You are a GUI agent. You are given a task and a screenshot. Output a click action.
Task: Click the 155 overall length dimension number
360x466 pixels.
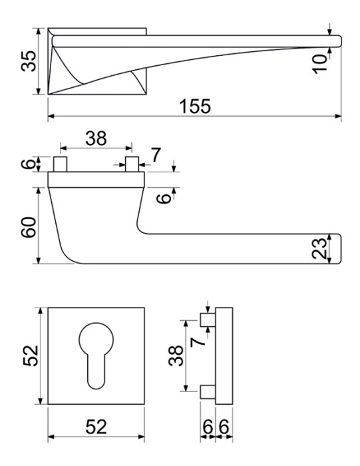click(x=195, y=107)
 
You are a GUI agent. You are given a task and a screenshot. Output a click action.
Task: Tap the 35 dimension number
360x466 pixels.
click(x=29, y=61)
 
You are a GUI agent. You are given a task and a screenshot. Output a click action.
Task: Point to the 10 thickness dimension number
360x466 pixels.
click(x=320, y=64)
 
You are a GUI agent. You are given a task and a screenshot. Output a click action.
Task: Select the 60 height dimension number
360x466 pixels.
click(x=29, y=228)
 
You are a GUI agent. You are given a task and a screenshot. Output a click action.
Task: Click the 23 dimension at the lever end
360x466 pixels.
click(x=320, y=248)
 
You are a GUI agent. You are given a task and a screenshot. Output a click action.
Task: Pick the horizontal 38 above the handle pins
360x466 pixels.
click(x=96, y=138)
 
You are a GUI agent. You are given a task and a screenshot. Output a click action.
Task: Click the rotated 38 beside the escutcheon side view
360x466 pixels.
click(x=176, y=355)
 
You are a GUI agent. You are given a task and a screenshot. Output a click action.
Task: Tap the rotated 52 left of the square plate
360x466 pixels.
click(x=30, y=355)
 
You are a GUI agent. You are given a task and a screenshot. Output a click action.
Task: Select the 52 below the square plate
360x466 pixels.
click(x=96, y=427)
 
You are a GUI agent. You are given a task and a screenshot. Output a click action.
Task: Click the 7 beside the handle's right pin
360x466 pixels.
click(x=156, y=155)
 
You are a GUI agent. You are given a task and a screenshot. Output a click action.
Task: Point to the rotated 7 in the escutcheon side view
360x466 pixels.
click(x=198, y=342)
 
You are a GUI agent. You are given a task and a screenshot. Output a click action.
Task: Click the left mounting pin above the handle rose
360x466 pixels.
click(x=60, y=164)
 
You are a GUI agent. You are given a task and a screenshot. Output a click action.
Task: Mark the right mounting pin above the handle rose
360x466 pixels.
click(x=132, y=164)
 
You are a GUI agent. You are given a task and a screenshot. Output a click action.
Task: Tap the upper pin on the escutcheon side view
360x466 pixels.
click(x=208, y=320)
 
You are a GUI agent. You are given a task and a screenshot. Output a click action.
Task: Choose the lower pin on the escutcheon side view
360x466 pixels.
click(x=208, y=392)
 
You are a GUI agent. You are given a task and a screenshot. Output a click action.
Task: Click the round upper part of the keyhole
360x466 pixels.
click(x=96, y=340)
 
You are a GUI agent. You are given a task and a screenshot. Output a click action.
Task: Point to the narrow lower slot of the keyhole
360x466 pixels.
click(x=96, y=371)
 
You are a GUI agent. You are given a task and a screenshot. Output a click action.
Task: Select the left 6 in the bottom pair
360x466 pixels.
click(x=208, y=427)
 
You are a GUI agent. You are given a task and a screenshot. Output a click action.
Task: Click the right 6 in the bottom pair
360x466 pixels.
click(x=224, y=427)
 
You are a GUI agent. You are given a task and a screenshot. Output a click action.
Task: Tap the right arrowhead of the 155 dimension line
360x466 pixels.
click(x=338, y=116)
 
